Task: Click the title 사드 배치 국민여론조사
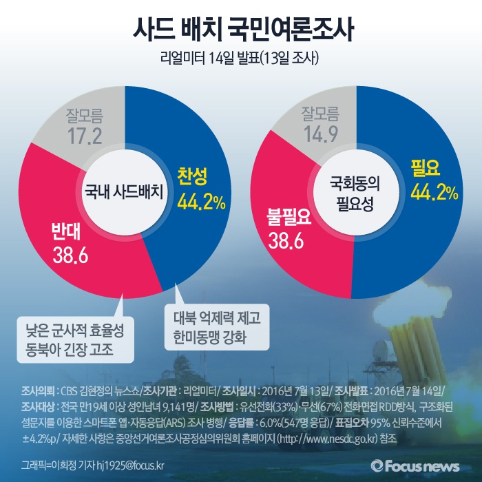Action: pyautogui.click(x=240, y=31)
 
